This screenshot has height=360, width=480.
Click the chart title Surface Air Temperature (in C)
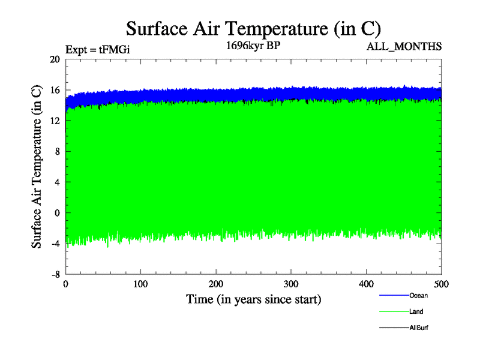point(253,28)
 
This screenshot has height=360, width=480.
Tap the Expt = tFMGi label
point(98,50)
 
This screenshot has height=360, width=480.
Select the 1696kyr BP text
point(253,46)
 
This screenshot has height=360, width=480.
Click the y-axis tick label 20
point(55,59)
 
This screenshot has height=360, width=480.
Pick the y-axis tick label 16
point(55,90)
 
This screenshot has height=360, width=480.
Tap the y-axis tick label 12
point(55,121)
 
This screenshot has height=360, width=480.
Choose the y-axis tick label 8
point(57,151)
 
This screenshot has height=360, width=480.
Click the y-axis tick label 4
point(57,182)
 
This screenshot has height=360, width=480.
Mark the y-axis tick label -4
point(55,243)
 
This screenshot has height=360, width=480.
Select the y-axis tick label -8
point(55,274)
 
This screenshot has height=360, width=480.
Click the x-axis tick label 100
point(140,283)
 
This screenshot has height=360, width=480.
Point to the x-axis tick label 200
point(216,283)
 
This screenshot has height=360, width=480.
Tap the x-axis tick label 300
point(291,283)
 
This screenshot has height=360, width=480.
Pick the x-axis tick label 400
point(366,283)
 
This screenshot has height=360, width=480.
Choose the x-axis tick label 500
point(441,283)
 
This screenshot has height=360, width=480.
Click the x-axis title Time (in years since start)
point(253,299)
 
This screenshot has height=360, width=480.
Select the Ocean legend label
point(418,295)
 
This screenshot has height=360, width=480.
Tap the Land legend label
point(416,311)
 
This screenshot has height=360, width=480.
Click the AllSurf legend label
point(418,328)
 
